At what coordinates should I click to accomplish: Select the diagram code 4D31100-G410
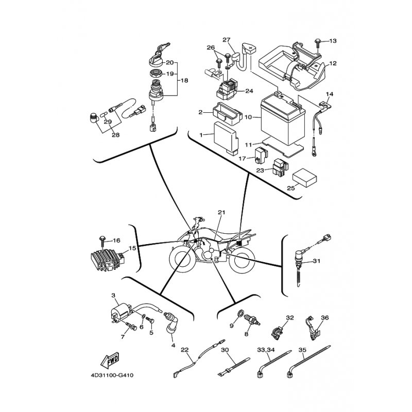112,375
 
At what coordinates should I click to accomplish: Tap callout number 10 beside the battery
248,117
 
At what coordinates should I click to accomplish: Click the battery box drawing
283,118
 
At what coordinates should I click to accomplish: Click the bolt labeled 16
101,241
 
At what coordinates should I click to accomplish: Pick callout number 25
291,188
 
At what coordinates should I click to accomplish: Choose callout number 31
317,261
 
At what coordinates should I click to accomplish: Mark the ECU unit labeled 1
226,137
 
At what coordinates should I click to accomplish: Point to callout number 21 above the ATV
221,212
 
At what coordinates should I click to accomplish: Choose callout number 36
325,318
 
